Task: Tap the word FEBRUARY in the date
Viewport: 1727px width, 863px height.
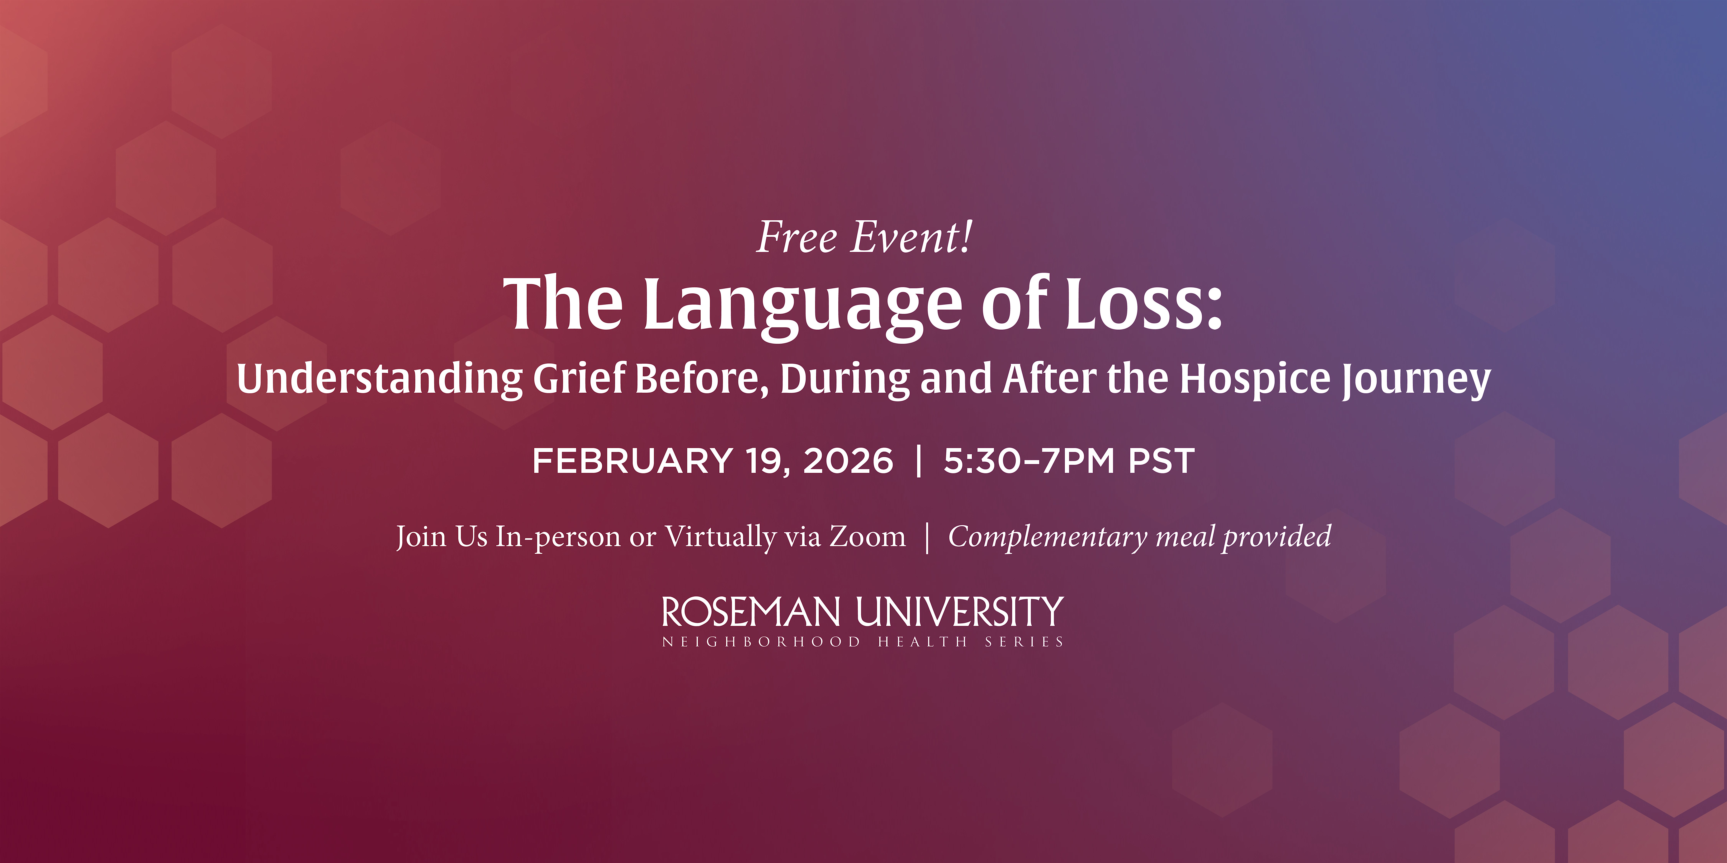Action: [633, 461]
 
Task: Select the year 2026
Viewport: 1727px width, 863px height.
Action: [848, 461]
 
